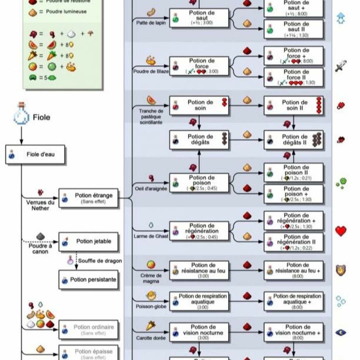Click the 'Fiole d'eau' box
click(35, 154)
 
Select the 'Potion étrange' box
click(88, 198)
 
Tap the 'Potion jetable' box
click(88, 242)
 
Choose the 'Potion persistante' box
click(88, 280)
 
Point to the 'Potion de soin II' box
click(294, 105)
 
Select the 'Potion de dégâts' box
click(199, 140)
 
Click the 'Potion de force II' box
click(294, 77)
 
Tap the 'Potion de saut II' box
click(294, 29)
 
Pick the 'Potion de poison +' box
click(294, 194)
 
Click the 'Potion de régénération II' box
click(294, 242)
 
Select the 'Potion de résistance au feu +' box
click(294, 270)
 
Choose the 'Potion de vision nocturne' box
click(199, 332)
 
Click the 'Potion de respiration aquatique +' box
click(294, 301)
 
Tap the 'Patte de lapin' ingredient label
click(151, 23)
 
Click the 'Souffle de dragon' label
click(100, 261)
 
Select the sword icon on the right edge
click(341, 66)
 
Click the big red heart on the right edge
click(341, 231)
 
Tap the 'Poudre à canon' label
click(40, 249)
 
